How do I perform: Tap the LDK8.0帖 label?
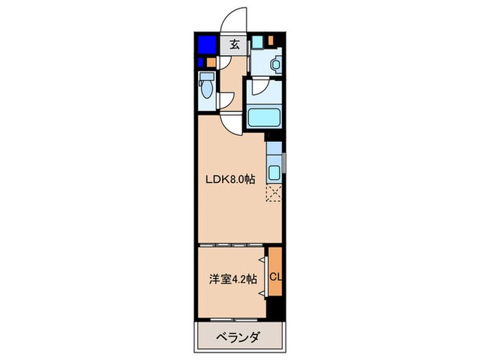[231, 179]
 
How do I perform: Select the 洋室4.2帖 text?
[233, 279]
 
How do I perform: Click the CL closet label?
[274, 277]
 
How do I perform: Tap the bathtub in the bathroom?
[265, 117]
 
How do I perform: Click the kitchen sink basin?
[274, 171]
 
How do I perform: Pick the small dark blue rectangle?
[202, 64]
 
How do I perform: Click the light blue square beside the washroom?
[256, 40]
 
